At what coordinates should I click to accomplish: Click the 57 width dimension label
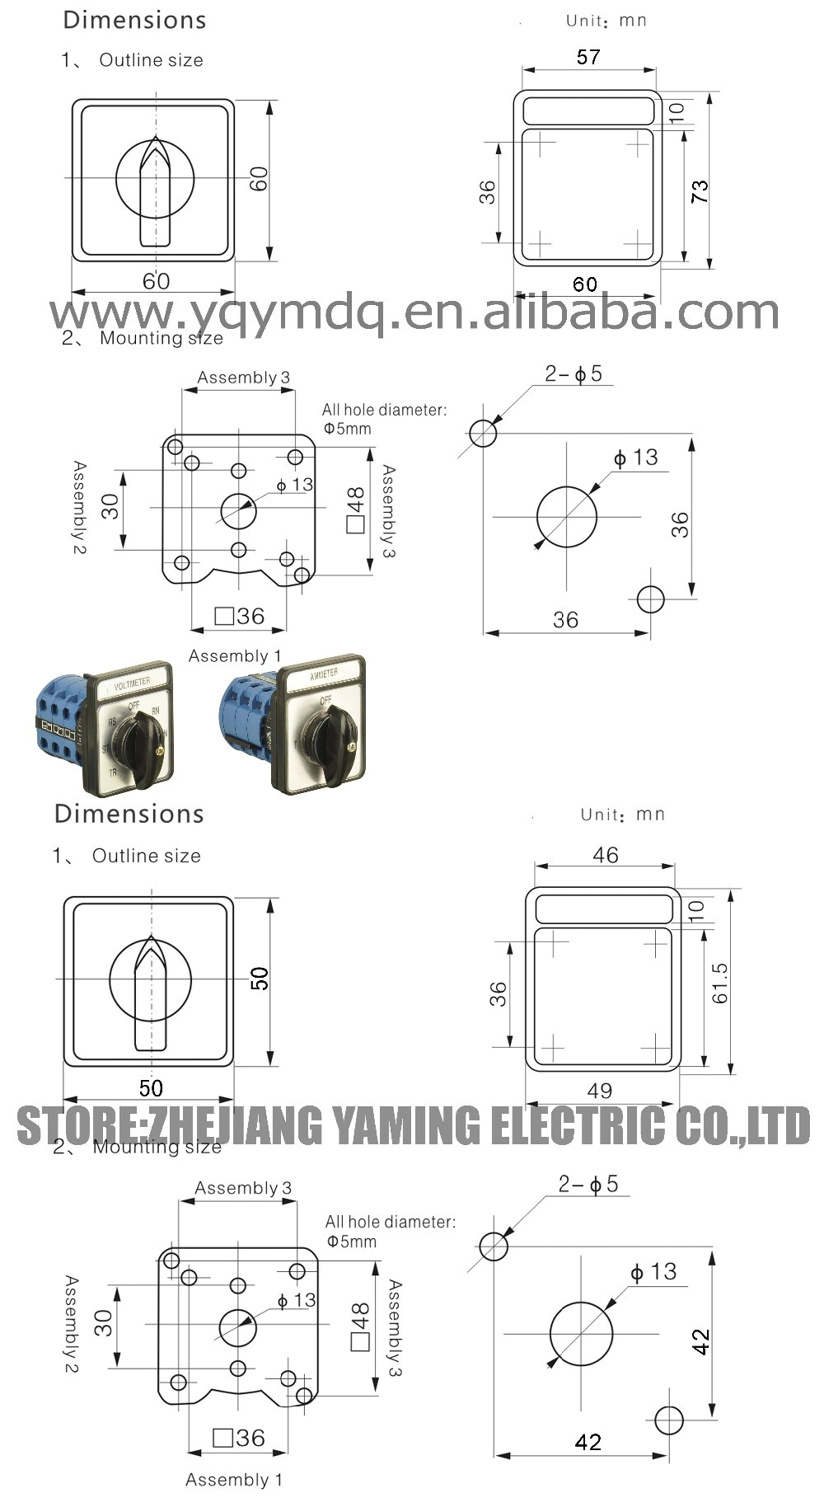tap(588, 57)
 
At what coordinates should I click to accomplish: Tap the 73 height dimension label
tap(700, 192)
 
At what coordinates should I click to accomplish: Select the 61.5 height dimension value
tap(721, 983)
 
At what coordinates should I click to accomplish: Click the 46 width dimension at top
tap(606, 855)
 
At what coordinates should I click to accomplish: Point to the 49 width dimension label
tap(600, 1090)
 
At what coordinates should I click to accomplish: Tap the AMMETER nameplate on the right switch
tap(323, 674)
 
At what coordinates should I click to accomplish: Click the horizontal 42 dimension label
tap(588, 1441)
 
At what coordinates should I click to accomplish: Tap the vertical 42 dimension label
tap(701, 1341)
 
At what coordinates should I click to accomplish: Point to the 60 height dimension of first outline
tap(259, 179)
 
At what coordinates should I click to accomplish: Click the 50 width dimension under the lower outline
tap(151, 1087)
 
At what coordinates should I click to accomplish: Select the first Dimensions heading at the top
tap(134, 20)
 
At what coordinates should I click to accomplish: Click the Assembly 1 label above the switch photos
tap(235, 655)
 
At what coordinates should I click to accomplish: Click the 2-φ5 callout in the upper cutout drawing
tap(574, 373)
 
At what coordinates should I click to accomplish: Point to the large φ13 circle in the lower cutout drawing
tap(582, 1333)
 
